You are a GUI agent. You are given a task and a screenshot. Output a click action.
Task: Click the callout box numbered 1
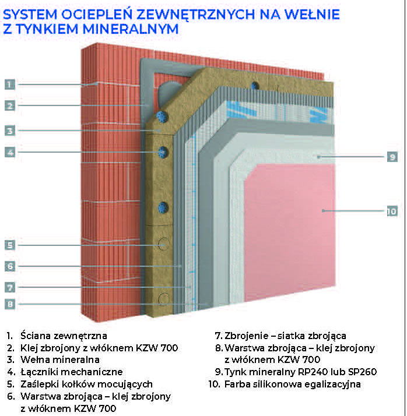tap(10, 84)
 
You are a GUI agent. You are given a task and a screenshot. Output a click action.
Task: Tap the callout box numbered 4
tap(10, 152)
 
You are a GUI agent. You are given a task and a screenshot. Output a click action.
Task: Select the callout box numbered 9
tap(392, 157)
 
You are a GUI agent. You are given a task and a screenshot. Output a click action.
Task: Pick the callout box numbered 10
tap(392, 211)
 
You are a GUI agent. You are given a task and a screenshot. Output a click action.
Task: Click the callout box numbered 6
tap(10, 266)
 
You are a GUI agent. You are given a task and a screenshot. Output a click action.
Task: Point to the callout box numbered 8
tap(10, 304)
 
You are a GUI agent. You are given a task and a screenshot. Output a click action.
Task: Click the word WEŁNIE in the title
tap(312, 15)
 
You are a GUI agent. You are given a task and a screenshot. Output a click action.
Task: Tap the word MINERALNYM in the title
tap(131, 29)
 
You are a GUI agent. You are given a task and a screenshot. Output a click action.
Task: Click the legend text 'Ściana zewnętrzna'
tap(64, 336)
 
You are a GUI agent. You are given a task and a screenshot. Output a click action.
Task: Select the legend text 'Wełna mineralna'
tap(60, 359)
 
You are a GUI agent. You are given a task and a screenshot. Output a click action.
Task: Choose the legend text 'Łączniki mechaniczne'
tap(72, 372)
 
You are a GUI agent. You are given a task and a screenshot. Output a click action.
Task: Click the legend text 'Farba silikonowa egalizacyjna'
tap(293, 384)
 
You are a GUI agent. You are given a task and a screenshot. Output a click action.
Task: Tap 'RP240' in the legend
tap(313, 372)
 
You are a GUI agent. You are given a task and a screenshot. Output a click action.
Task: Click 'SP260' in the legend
tap(363, 372)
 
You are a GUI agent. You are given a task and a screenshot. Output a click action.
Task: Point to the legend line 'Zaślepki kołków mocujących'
tap(86, 384)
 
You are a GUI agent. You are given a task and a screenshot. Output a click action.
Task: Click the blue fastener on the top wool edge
tap(255, 86)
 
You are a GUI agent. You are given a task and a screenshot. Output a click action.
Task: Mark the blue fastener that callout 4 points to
tap(163, 152)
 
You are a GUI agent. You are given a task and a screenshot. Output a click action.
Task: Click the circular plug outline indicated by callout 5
tap(163, 244)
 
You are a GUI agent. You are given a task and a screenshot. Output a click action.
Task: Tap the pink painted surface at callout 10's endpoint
tap(323, 211)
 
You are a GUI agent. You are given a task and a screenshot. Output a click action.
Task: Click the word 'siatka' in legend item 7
tap(291, 336)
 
